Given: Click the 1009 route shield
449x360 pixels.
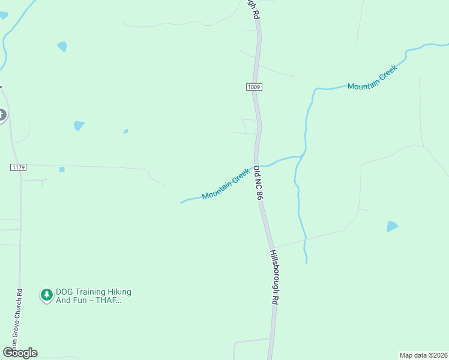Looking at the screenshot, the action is [x=253, y=87].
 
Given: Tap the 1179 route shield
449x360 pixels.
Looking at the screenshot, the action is [x=18, y=167].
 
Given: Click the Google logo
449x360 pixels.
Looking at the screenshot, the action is [x=20, y=353].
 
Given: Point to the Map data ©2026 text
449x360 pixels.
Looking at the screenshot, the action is [x=423, y=355].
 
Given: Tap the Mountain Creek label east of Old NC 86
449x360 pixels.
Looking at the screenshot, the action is [x=372, y=79].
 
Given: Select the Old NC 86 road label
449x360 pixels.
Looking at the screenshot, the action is [x=259, y=183].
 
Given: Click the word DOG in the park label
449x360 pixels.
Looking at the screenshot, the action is [x=64, y=292].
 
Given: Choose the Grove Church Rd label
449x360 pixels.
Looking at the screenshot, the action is [x=20, y=318].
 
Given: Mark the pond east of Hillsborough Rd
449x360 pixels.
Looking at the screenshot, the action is [x=392, y=226].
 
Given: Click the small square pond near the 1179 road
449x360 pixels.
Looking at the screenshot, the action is [x=62, y=169].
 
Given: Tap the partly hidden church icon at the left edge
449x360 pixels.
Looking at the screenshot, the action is [x=2, y=115].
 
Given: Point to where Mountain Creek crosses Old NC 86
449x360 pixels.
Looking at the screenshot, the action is [x=258, y=166].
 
